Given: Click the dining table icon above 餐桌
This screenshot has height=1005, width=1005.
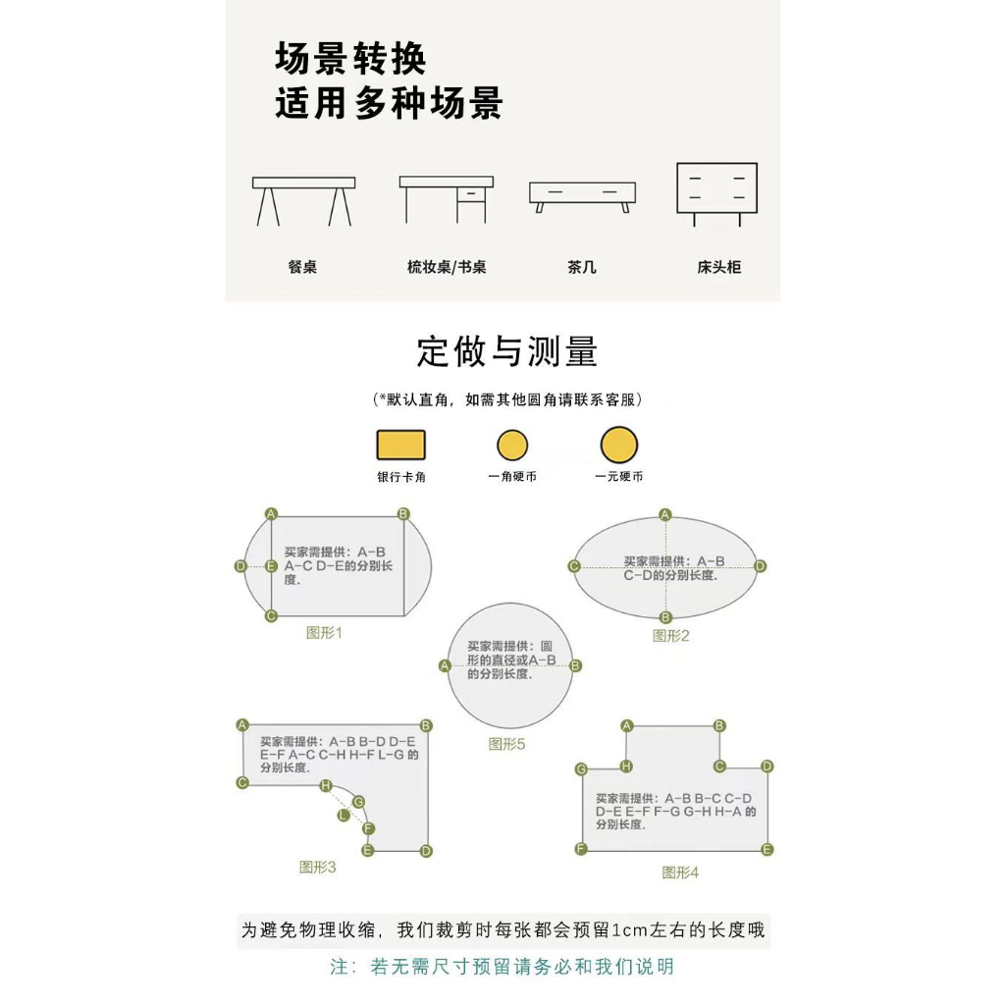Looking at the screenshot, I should click(x=303, y=200).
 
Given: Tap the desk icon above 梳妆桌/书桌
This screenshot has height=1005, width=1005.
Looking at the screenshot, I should click(x=447, y=198).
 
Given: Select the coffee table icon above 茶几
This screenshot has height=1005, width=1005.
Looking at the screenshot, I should click(x=582, y=196).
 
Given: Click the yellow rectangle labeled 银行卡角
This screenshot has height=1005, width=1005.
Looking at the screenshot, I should click(x=401, y=445).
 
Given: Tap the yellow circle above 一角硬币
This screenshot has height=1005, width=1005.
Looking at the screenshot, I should click(x=511, y=446).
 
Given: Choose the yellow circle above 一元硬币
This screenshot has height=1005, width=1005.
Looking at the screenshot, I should click(x=619, y=445).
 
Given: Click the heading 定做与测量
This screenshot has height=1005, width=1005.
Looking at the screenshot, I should click(x=507, y=351).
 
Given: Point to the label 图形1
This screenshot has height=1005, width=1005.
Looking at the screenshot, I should click(x=325, y=633).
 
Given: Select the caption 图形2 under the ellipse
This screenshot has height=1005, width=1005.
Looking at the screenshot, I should click(x=671, y=636).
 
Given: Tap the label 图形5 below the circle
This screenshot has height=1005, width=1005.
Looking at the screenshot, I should click(x=507, y=744).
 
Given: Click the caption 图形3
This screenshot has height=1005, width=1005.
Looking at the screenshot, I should click(x=318, y=867).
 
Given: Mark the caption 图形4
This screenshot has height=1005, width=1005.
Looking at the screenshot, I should click(x=680, y=872).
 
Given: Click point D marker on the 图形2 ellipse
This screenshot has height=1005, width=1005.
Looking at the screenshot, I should click(x=760, y=566).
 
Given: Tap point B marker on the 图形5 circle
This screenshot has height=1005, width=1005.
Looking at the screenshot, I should click(x=576, y=665).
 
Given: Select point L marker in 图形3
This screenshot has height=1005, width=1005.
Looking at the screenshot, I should click(x=344, y=816).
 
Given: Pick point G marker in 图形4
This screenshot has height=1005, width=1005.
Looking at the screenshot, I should click(x=581, y=768).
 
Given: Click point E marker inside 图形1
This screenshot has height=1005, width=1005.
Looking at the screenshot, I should click(x=271, y=566).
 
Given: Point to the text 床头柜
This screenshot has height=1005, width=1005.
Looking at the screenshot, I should click(x=718, y=267).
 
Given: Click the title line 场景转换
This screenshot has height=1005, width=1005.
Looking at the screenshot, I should click(x=351, y=60).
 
